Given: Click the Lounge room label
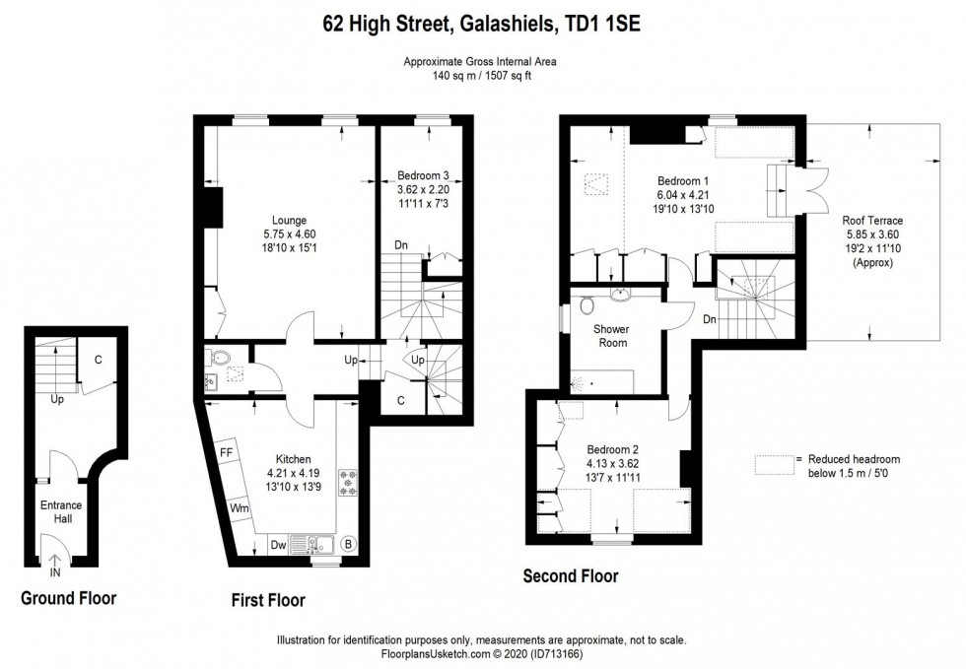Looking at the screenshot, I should tap(290, 220).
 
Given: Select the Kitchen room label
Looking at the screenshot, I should tap(294, 459).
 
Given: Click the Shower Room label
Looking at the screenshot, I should tap(611, 335).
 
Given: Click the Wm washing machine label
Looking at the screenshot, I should tap(239, 507).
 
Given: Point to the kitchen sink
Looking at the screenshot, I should tap(316, 542).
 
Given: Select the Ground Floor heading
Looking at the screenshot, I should tap(69, 598).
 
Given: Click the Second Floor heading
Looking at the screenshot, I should tap(571, 576).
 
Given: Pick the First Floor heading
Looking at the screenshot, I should tap(267, 600).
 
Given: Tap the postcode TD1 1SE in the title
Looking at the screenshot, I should tap(600, 24).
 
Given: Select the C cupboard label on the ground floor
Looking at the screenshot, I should tap(98, 360).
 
